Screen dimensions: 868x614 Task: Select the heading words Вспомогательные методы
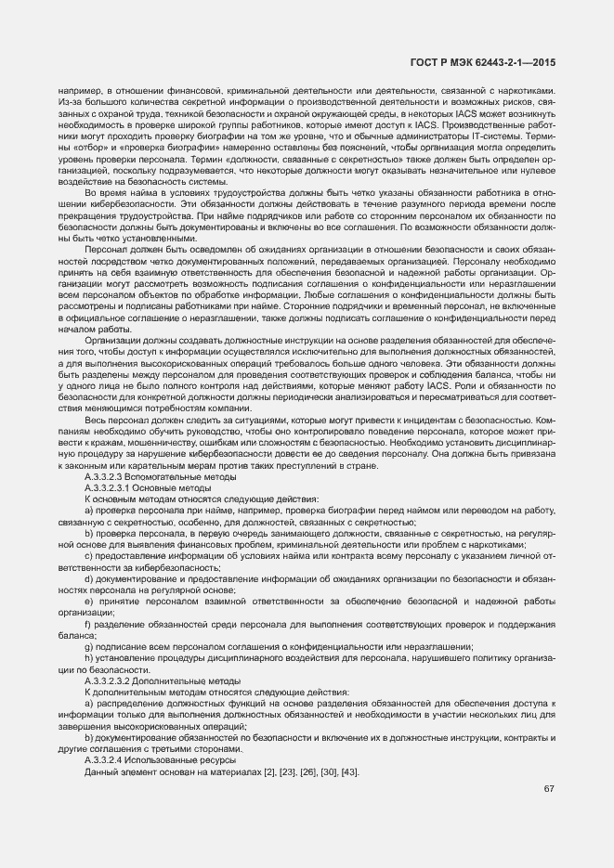pos(177,476)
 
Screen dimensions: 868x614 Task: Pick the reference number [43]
pos(350,772)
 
